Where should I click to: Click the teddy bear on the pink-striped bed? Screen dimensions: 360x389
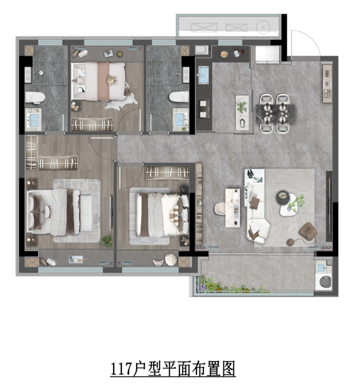112,80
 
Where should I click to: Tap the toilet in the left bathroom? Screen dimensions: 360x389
35,98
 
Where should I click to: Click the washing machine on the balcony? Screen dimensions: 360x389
325,281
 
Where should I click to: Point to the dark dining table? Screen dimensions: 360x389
275,114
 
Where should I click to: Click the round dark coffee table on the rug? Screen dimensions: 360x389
283,197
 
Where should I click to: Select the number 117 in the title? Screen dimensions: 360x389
120,369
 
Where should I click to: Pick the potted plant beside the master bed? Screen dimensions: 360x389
107,240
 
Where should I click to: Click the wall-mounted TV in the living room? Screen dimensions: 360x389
328,206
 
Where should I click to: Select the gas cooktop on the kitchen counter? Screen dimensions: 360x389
204,110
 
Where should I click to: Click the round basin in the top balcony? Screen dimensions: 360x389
263,26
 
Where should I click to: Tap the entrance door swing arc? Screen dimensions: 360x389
311,39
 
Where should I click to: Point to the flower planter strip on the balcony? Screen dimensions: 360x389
232,285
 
